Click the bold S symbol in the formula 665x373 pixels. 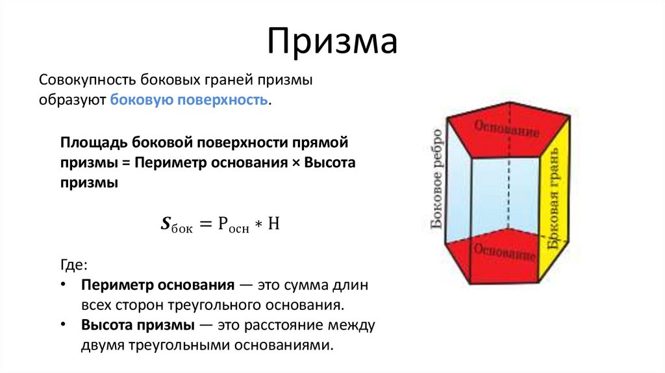[165, 225]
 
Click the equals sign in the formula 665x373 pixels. [205, 225]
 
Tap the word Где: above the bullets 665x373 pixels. [73, 265]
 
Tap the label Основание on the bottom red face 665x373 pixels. [505, 252]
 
